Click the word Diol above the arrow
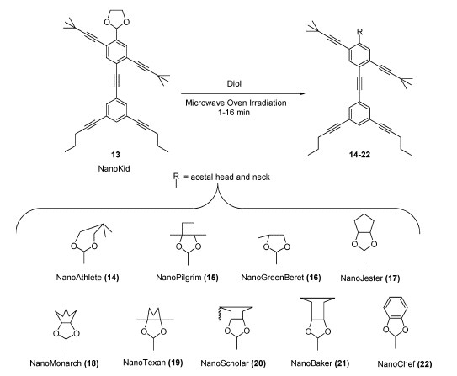(234, 84)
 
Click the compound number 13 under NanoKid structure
(115, 155)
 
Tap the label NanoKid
(114, 168)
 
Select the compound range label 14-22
(359, 155)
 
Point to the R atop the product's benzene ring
(360, 32)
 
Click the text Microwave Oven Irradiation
(236, 103)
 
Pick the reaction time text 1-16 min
(234, 112)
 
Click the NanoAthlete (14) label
(88, 277)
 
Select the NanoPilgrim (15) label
(187, 277)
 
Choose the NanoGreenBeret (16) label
(281, 277)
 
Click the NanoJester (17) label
(369, 278)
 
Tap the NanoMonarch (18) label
(64, 363)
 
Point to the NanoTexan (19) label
(153, 363)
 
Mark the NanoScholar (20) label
(233, 363)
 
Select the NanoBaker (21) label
(320, 363)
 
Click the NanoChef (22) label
(405, 364)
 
